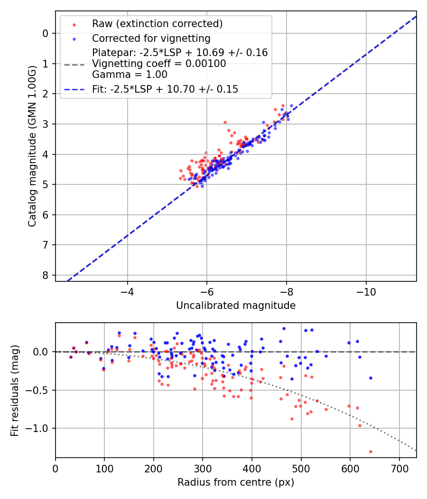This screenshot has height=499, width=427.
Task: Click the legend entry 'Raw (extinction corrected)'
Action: [x=157, y=24]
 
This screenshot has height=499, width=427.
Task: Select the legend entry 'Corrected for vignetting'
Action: [x=151, y=38]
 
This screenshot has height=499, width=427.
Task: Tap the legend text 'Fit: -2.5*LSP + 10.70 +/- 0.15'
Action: [x=165, y=89]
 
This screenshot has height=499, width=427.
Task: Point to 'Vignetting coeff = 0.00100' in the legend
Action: [x=159, y=64]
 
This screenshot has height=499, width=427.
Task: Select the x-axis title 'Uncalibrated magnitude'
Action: [x=236, y=306]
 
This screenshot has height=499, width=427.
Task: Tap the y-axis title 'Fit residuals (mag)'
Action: [x=15, y=390]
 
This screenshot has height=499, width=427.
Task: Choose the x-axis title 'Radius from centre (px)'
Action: [x=236, y=482]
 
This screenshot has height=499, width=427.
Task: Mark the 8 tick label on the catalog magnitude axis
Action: [x=45, y=275]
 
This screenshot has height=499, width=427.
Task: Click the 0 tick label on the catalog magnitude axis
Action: [x=45, y=33]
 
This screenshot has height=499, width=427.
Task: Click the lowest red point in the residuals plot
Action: [x=371, y=451]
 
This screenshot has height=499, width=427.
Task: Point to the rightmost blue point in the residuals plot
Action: [x=371, y=378]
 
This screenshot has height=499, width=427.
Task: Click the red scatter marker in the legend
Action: [x=73, y=24]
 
